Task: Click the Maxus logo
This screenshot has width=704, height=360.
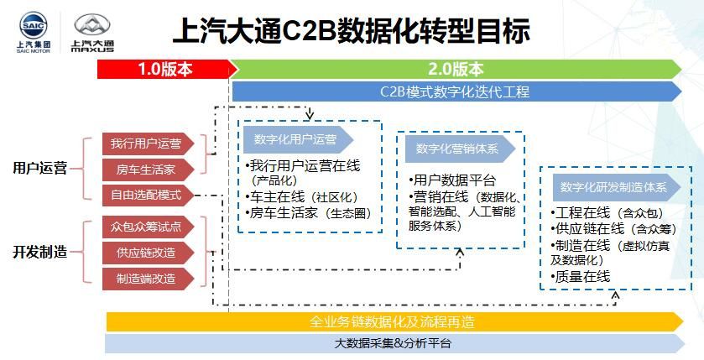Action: pyautogui.click(x=93, y=32)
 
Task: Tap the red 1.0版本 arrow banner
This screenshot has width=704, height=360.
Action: pyautogui.click(x=164, y=70)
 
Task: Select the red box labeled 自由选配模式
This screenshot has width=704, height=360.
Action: pyautogui.click(x=146, y=196)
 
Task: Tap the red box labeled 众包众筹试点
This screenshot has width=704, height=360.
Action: pyautogui.click(x=146, y=227)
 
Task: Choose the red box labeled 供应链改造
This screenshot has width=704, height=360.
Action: pyautogui.click(x=146, y=253)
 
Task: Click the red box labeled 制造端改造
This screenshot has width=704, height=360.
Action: pyautogui.click(x=146, y=279)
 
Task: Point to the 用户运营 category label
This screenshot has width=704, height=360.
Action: pyautogui.click(x=39, y=169)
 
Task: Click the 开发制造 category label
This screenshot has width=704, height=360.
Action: pyautogui.click(x=39, y=252)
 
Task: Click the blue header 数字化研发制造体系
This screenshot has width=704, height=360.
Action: pyautogui.click(x=613, y=187)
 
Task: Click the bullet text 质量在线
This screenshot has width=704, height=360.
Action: pyautogui.click(x=581, y=276)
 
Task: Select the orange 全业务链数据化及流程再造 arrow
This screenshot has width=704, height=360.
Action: pyautogui.click(x=394, y=321)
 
